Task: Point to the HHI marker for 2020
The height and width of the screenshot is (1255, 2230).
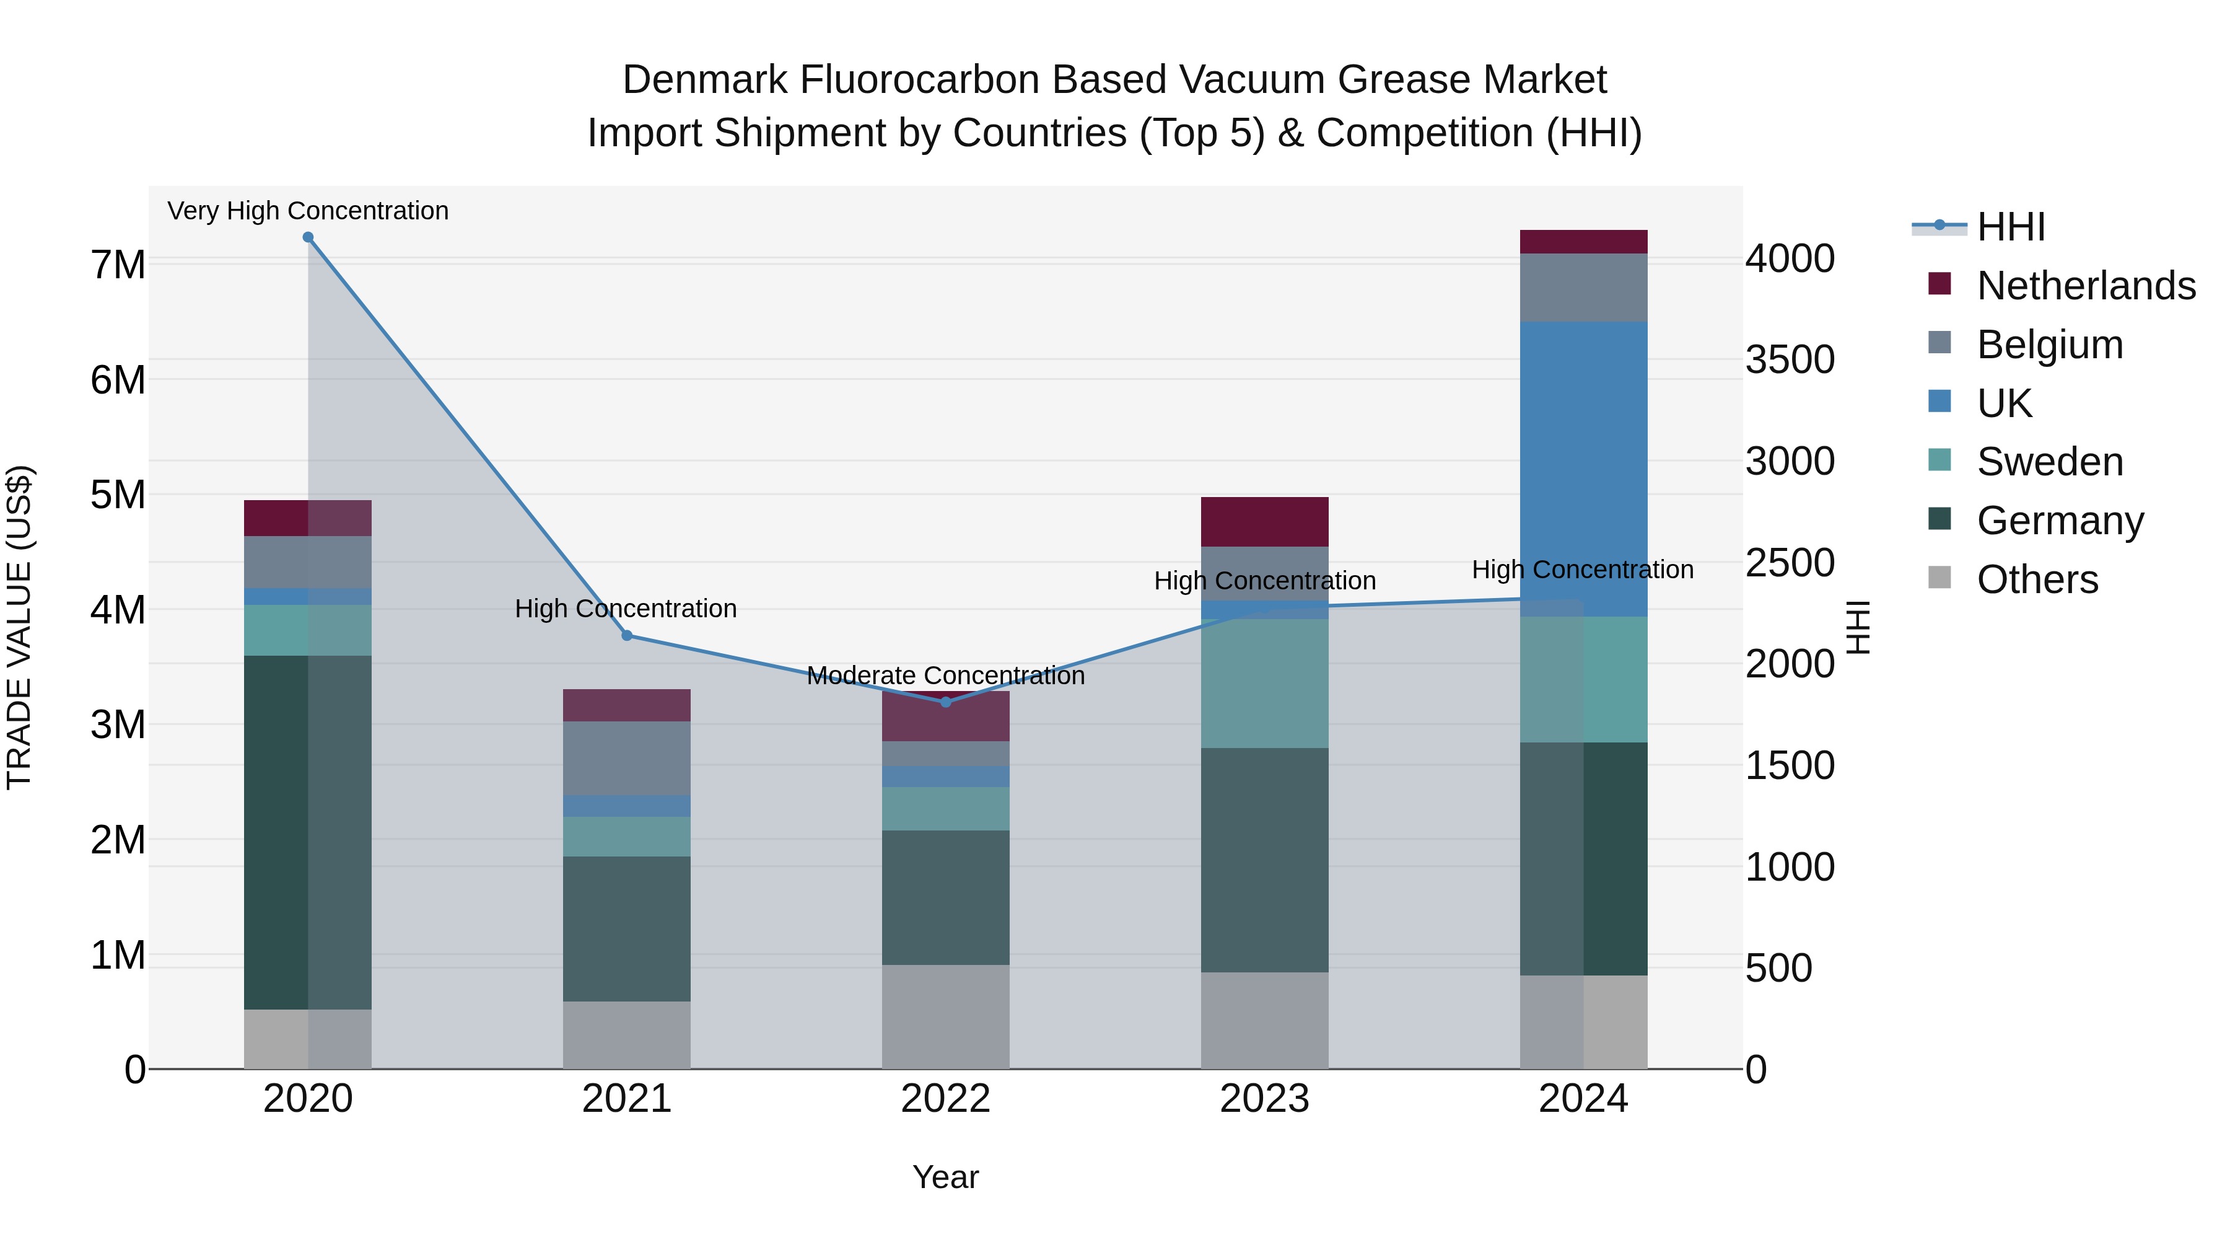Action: (x=308, y=237)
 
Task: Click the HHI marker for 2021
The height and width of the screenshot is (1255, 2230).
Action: (x=627, y=636)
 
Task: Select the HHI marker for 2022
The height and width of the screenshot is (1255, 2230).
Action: (x=945, y=702)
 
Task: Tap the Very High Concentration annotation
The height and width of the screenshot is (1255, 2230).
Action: (x=308, y=211)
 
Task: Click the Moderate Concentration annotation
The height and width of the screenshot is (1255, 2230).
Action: (x=945, y=676)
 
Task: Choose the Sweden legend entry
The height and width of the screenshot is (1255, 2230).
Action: (x=2049, y=462)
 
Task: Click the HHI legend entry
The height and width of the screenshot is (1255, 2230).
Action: (x=2010, y=227)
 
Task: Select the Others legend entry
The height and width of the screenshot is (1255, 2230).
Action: (x=2037, y=579)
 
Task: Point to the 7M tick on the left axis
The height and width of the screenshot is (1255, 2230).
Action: (x=118, y=265)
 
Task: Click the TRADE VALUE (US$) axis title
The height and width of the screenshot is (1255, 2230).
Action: (x=19, y=627)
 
